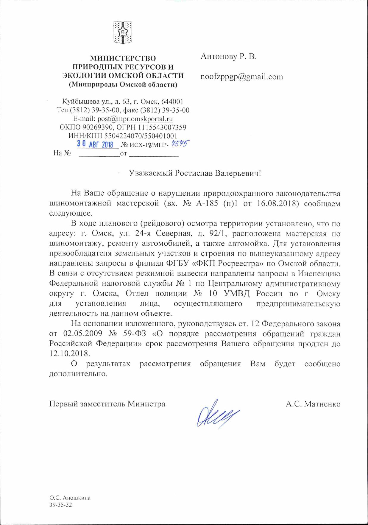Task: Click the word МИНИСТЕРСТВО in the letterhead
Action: point(123,58)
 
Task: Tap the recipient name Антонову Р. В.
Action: point(228,56)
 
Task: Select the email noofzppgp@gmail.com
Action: point(242,77)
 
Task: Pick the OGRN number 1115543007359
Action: point(162,127)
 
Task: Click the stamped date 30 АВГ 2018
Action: point(96,144)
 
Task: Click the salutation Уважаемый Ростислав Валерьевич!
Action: point(195,173)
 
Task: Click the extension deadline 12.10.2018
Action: point(69,353)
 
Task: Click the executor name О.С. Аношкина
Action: point(70,498)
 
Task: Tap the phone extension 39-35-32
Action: point(61,505)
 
